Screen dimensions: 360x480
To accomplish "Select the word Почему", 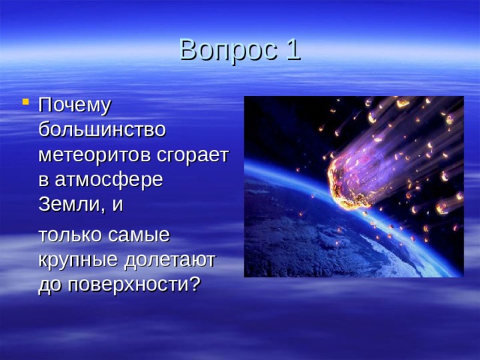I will click(x=75, y=104).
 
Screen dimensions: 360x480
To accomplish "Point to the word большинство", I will click(x=102, y=129).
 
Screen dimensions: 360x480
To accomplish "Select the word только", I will click(x=73, y=235).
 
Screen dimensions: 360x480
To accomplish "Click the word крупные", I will click(x=80, y=259).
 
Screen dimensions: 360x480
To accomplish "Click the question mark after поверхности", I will click(x=194, y=284).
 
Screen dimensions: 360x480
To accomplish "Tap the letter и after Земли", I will click(x=118, y=205).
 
